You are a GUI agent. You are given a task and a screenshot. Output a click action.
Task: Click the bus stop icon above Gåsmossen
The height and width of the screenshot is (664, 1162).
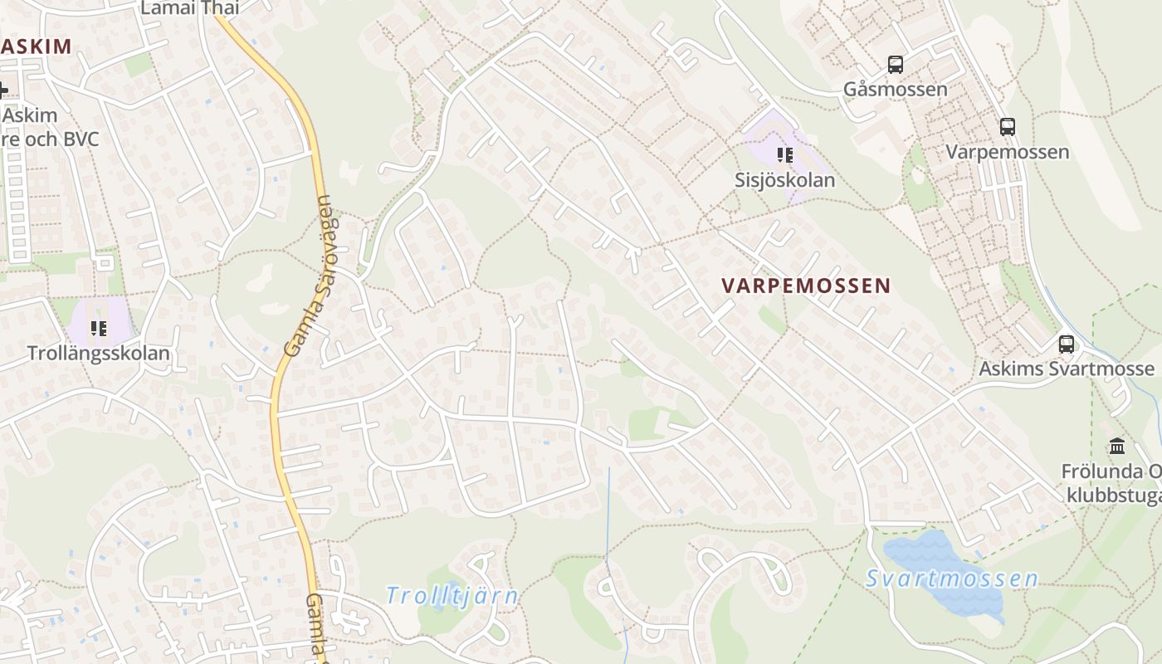click(895, 64)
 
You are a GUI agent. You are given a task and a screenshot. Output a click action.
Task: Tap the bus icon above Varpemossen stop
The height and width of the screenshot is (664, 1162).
click(1007, 127)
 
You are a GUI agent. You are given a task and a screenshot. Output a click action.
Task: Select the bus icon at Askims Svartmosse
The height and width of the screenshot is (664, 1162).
click(1066, 344)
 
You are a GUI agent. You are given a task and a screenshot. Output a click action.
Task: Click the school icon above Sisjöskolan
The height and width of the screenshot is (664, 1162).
click(784, 154)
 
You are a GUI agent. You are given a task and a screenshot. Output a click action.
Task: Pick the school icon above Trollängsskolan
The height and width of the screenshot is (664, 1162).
click(99, 329)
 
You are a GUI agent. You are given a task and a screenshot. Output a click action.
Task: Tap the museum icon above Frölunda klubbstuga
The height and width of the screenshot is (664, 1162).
click(1116, 447)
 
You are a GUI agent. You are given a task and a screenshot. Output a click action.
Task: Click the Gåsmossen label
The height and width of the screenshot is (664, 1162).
click(895, 89)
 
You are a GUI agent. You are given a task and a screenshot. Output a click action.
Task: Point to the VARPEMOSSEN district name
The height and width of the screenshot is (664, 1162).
click(805, 286)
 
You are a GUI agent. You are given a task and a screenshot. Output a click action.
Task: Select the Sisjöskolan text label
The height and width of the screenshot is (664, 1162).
click(784, 180)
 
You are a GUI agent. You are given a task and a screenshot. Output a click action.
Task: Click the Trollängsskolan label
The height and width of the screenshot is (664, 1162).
click(98, 354)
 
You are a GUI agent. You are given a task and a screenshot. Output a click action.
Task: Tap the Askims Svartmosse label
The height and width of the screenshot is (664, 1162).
click(1066, 369)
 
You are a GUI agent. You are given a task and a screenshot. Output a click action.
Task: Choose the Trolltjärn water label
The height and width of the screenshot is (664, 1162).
click(452, 596)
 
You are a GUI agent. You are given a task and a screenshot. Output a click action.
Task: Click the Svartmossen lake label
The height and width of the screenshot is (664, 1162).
click(951, 579)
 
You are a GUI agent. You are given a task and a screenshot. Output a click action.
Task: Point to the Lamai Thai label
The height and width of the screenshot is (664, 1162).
click(189, 8)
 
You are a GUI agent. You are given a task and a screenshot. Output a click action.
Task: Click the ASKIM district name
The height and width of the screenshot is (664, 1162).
click(37, 46)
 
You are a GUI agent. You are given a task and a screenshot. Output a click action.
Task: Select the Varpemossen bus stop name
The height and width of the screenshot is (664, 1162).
click(1007, 152)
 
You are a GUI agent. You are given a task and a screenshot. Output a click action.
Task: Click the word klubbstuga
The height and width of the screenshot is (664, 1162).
click(1112, 496)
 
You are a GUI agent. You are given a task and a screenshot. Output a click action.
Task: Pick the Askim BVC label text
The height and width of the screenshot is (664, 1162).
click(50, 138)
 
